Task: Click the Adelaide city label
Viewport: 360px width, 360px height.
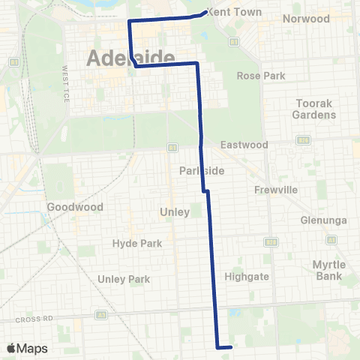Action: pos(131,58)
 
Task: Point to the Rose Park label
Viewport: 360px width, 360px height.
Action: pos(258,76)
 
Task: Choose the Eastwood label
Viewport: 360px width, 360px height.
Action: pos(244,144)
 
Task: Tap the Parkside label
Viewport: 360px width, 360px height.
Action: pos(202,171)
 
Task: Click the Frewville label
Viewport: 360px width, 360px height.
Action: pos(277,190)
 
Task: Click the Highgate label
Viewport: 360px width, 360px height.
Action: pos(247,276)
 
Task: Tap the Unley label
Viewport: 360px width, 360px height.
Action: pos(175,212)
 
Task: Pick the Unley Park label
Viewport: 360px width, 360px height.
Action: pos(124,279)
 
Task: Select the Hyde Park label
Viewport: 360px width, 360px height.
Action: pos(131,243)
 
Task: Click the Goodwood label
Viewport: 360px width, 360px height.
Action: pos(69,206)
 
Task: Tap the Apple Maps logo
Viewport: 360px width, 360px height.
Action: pos(26,348)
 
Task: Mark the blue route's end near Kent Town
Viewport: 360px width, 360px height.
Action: pos(206,12)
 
